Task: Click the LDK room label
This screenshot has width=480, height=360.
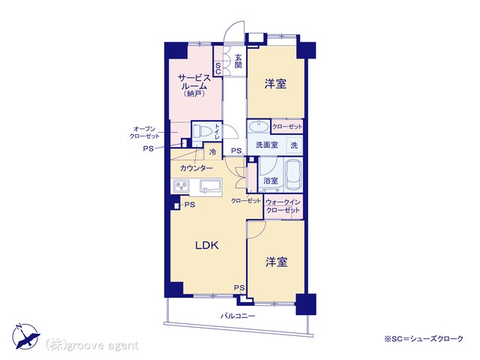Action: pyautogui.click(x=207, y=245)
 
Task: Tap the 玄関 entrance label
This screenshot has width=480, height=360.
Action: pyautogui.click(x=238, y=61)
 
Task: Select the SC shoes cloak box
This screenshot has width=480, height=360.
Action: pyautogui.click(x=217, y=68)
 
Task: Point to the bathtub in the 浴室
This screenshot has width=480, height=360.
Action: pyautogui.click(x=293, y=175)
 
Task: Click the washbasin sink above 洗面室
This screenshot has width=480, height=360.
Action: pyautogui.click(x=259, y=127)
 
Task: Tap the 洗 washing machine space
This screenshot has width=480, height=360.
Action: pyautogui.click(x=294, y=145)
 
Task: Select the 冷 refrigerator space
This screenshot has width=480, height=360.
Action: pyautogui.click(x=212, y=151)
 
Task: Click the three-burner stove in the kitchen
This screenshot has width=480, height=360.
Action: pyautogui.click(x=181, y=186)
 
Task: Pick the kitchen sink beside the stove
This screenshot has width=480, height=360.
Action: pyautogui.click(x=211, y=186)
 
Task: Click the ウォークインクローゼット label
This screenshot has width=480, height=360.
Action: pyautogui.click(x=283, y=206)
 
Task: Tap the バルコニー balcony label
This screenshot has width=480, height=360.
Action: pyautogui.click(x=238, y=316)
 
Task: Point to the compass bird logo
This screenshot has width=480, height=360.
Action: pyautogui.click(x=26, y=336)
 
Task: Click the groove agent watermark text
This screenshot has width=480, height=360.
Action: pyautogui.click(x=92, y=346)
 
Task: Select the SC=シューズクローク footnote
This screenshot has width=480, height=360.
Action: pyautogui.click(x=424, y=339)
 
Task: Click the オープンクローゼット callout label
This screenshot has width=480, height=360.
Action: pyautogui.click(x=145, y=133)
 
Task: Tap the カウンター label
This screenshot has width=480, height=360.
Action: pyautogui.click(x=196, y=168)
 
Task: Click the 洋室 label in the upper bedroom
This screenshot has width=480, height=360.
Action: pyautogui.click(x=275, y=83)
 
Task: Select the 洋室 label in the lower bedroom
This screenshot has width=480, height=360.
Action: pyautogui.click(x=277, y=262)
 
